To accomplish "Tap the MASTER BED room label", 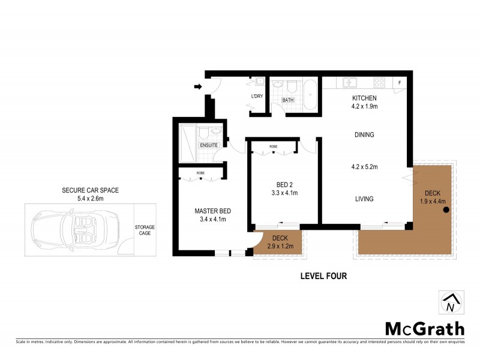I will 212,211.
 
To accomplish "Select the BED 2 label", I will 284,185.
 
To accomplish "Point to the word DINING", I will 364,135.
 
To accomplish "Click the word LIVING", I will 364,199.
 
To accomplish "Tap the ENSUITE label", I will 209,145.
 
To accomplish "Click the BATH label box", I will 287,100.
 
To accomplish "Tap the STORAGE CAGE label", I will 144,230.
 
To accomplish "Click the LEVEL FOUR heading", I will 323,277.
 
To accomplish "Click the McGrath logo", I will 424,328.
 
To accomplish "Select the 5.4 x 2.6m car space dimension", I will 91,199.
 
